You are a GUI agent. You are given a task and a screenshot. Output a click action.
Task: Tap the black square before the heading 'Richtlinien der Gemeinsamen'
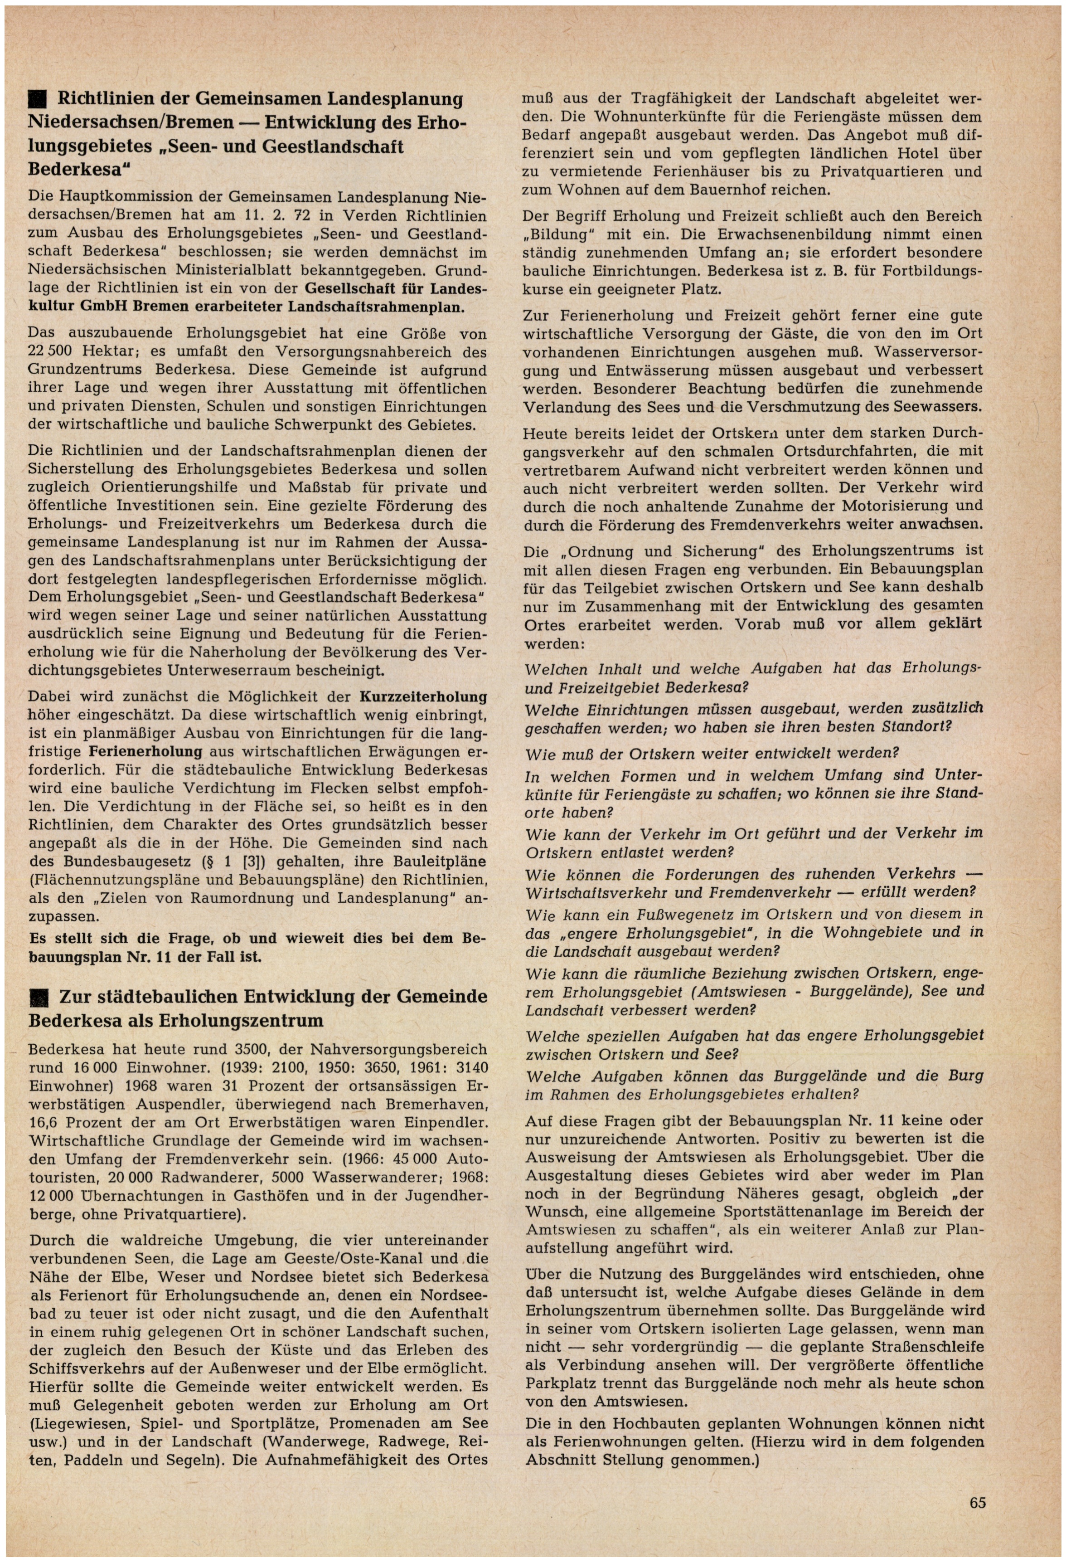coord(37,100)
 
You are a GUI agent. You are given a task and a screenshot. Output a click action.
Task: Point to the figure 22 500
coord(54,352)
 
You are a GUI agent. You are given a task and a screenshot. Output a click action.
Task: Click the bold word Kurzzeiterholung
coord(423,697)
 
